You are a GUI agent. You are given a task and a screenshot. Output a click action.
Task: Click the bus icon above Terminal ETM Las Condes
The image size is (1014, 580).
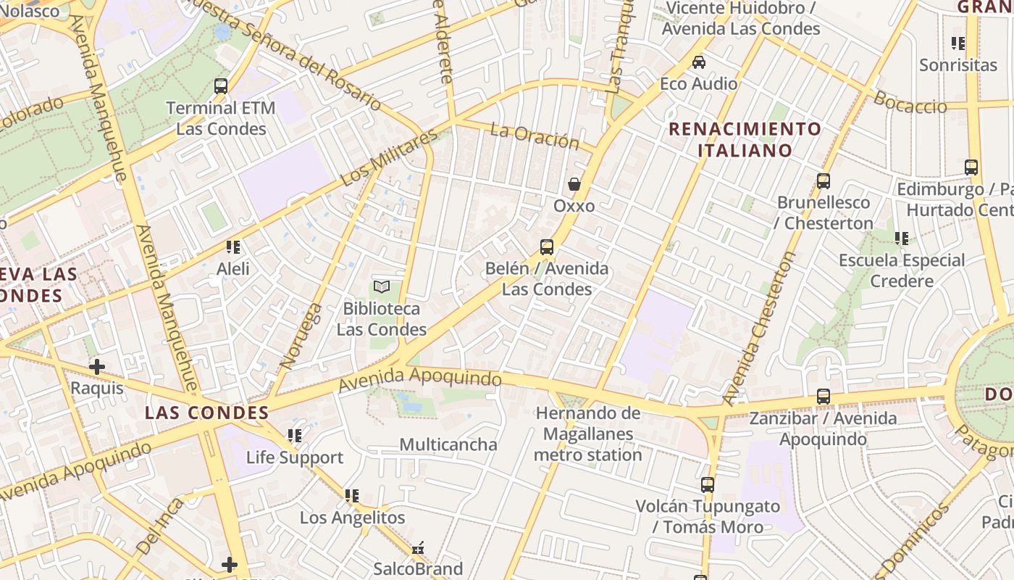click(x=221, y=86)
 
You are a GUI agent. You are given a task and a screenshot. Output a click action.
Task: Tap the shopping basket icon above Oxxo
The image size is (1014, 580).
click(x=574, y=184)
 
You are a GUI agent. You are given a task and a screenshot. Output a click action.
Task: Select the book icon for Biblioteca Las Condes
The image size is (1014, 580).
click(x=382, y=287)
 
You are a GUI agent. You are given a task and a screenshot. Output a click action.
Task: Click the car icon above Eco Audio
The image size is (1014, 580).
click(x=699, y=62)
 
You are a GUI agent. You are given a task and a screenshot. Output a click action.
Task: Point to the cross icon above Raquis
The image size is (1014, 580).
click(x=96, y=367)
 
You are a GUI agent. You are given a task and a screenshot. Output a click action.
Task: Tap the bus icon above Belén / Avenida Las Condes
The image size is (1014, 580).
click(x=547, y=247)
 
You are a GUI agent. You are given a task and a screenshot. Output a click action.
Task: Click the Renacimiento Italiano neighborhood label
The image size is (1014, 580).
click(x=745, y=140)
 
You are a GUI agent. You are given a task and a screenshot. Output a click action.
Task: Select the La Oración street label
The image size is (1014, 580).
click(x=535, y=136)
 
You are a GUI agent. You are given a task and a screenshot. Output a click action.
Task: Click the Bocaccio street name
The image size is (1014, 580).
click(x=910, y=102)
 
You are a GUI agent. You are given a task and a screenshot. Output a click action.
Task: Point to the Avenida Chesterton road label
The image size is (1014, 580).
click(x=760, y=328)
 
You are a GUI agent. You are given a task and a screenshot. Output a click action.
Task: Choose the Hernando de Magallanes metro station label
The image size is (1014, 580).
click(x=588, y=434)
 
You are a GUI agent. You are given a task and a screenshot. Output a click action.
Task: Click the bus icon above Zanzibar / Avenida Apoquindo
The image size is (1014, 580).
click(x=824, y=397)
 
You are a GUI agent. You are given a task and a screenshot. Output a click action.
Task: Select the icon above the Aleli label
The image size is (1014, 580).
click(x=233, y=247)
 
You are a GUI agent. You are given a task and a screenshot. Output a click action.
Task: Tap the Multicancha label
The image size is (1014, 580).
click(x=448, y=444)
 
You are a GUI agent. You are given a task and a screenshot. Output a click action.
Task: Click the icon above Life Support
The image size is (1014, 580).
click(x=295, y=436)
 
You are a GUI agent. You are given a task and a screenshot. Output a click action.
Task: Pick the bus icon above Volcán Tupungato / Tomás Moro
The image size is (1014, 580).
click(x=708, y=485)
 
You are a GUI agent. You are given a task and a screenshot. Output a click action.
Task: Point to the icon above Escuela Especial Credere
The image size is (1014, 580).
click(x=902, y=239)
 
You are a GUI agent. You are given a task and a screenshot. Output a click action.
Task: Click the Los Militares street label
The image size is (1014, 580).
click(x=389, y=157)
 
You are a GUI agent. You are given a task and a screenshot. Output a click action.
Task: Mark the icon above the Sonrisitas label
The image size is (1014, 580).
click(x=958, y=43)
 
